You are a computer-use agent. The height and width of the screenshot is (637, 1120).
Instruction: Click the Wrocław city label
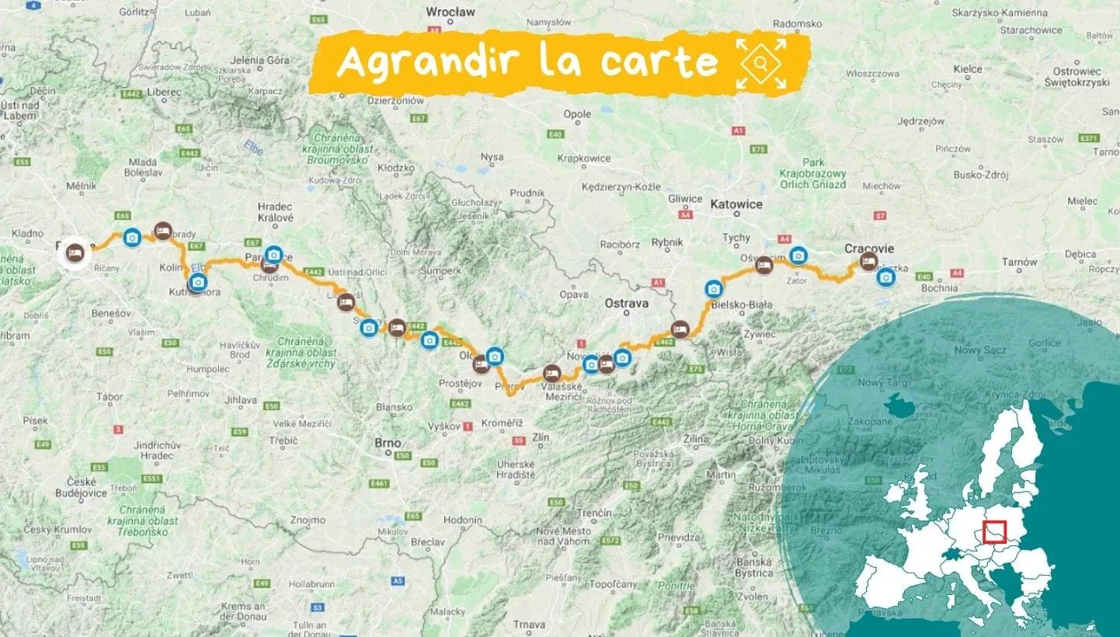point(450,12)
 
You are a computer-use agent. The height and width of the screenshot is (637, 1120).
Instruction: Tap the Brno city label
point(388,443)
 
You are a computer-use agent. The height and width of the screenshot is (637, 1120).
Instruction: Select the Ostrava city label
point(626,304)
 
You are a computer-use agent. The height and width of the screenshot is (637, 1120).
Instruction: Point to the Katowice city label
point(736,205)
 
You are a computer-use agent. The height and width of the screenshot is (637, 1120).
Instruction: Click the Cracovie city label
point(869,249)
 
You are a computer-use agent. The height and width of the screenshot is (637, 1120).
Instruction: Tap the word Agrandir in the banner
point(420,62)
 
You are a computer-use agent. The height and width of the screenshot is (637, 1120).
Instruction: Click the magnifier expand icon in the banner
point(761,64)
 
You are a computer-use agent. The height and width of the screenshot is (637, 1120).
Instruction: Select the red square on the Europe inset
point(994,532)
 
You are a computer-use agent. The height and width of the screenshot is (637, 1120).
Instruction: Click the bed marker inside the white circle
point(75,252)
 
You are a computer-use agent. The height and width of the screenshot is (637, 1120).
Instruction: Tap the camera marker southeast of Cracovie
point(885,277)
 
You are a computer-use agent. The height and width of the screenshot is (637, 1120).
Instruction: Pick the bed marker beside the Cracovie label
point(868,261)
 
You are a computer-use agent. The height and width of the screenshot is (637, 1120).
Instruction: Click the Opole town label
point(577,114)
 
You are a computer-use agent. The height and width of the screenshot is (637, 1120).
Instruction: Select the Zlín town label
point(541,438)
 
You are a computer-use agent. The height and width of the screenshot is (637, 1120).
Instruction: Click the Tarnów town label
point(1019,263)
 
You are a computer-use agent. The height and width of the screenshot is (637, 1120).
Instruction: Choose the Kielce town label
point(967,69)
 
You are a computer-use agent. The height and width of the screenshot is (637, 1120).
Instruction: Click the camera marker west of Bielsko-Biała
point(714,289)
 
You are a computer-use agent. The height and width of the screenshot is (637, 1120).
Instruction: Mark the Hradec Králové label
point(275,212)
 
